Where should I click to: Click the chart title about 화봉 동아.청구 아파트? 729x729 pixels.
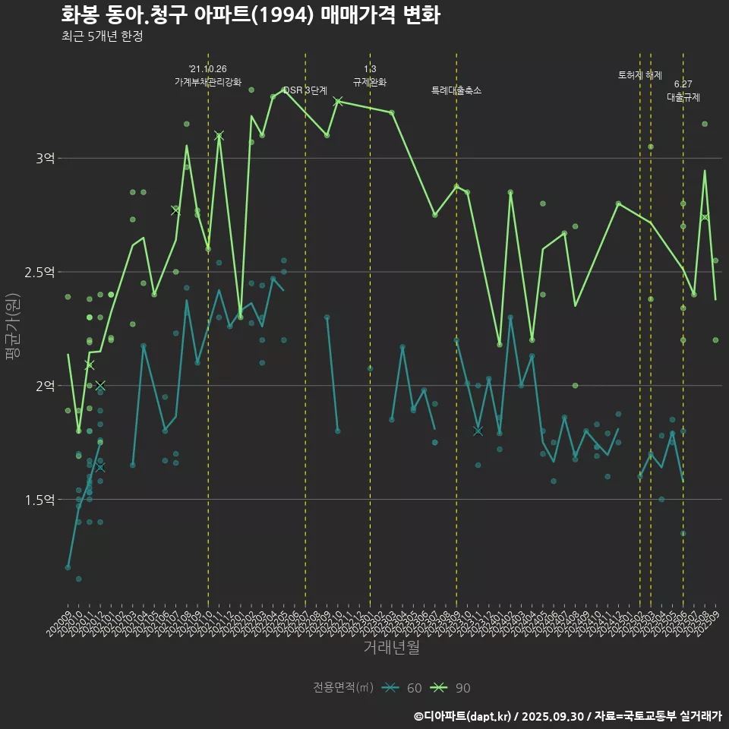coord(250,15)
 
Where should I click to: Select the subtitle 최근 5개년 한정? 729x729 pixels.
coord(102,36)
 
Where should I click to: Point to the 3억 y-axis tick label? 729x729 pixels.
coord(45,158)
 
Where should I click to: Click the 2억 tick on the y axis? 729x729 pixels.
coord(45,386)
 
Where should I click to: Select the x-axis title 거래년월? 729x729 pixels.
coord(391,648)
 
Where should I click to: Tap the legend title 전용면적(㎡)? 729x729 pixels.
coord(343,688)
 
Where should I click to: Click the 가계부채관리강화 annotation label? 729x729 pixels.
coord(208,82)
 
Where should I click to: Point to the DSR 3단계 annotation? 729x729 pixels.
coord(305,90)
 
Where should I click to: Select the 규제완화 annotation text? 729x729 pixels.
coord(370,82)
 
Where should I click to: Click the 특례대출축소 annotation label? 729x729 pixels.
coord(456,90)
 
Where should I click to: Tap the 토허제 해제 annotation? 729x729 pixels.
coord(639,75)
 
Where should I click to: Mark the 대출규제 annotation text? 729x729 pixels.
coord(683,97)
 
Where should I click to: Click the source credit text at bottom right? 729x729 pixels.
coord(567,716)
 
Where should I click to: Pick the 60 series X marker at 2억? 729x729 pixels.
coord(100,386)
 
